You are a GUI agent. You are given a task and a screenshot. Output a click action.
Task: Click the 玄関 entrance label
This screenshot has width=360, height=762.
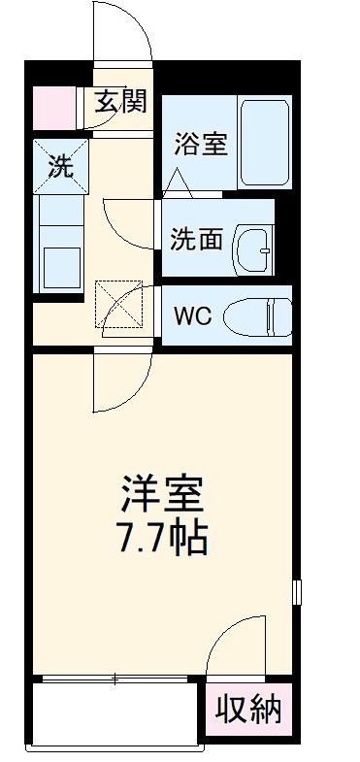[x=121, y=100]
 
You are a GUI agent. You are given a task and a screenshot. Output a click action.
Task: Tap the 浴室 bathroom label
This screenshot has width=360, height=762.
[x=200, y=144]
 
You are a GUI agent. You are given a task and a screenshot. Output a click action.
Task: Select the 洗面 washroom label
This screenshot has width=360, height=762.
[x=197, y=239]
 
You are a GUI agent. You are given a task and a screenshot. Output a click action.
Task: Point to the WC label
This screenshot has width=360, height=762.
[x=193, y=315]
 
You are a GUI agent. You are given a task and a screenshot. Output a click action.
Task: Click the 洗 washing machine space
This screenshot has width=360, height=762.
[x=60, y=165]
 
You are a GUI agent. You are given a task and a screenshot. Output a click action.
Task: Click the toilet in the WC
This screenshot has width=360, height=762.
[x=257, y=315]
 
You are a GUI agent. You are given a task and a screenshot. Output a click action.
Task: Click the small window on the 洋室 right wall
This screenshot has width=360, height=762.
[x=298, y=591]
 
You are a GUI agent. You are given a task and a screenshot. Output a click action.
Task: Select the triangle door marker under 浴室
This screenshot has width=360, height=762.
[x=178, y=182]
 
